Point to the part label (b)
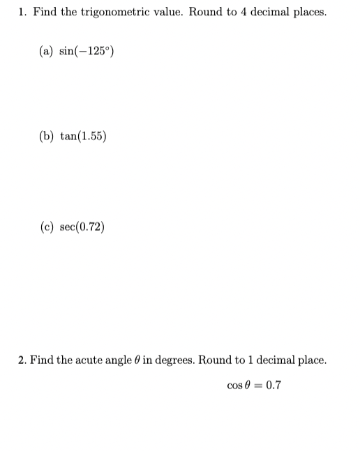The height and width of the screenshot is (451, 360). (47, 137)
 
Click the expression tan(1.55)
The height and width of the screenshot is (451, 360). (83, 137)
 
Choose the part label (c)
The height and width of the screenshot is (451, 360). (47, 227)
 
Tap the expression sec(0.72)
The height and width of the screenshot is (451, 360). (83, 227)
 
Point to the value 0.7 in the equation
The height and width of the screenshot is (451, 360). (273, 385)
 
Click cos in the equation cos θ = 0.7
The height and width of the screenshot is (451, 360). (234, 385)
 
